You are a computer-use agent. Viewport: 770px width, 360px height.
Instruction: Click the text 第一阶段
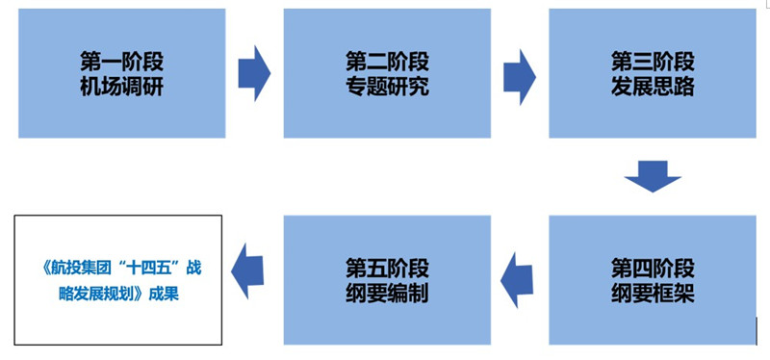(121, 60)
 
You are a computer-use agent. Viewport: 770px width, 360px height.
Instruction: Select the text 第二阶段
(387, 60)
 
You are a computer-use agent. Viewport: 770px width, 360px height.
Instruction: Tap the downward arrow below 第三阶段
(653, 176)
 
